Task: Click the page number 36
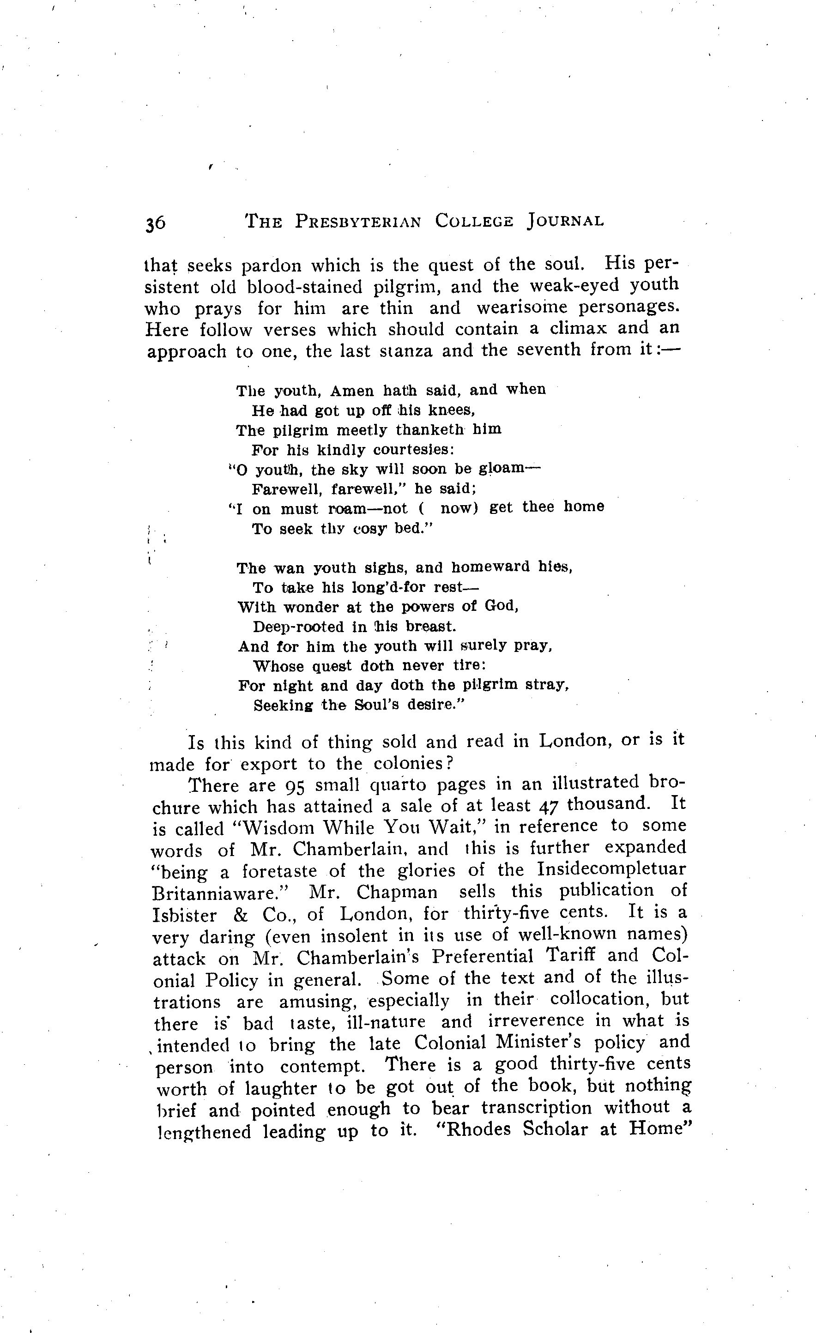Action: coord(155,223)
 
